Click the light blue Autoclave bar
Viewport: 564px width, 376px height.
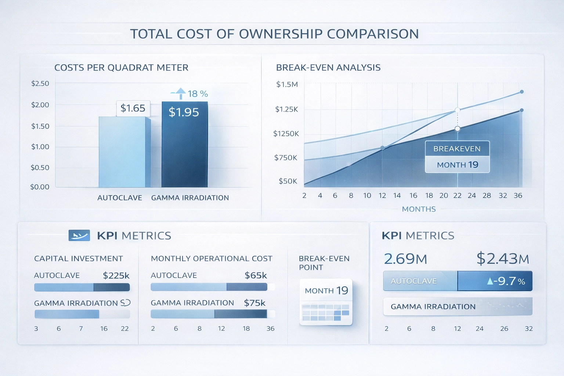coord(122,152)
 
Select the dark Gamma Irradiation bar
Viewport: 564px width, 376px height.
coord(185,151)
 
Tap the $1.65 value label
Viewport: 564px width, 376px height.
coord(133,108)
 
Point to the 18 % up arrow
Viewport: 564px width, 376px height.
coord(181,94)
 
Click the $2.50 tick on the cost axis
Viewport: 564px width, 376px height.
coord(40,83)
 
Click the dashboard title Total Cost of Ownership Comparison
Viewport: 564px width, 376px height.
coord(274,34)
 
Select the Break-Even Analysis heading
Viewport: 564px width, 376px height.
coord(328,68)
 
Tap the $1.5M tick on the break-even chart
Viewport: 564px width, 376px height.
coord(287,84)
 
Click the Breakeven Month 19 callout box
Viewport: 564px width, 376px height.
coord(457,157)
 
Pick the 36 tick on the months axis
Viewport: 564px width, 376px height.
coord(518,196)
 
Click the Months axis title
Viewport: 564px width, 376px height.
coord(419,209)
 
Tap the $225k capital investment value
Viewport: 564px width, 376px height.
coord(116,275)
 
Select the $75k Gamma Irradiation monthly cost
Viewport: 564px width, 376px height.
coord(254,303)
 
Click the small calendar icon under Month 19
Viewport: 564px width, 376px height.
coord(326,312)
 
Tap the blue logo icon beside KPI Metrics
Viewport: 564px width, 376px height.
coord(79,235)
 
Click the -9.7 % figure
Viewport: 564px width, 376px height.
coord(506,281)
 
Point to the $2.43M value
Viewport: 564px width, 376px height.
coord(503,259)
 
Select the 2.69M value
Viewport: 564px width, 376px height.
coord(405,259)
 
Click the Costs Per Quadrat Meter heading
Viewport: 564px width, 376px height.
coord(121,68)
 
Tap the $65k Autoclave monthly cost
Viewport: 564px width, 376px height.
coord(256,275)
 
